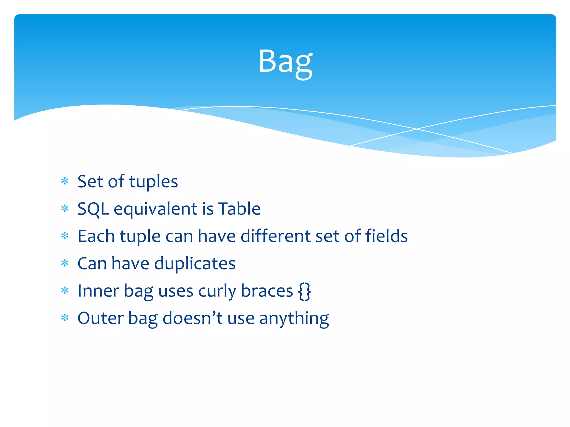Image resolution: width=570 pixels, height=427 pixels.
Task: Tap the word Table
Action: coord(239,208)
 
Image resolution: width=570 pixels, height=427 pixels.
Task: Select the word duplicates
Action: coord(195,264)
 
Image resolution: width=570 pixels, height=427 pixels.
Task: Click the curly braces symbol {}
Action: coord(304,291)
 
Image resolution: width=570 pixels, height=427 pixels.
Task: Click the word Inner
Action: coord(98,291)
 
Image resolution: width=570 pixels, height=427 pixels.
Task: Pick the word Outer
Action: coord(100,318)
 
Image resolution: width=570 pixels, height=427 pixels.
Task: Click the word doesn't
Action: coord(192,318)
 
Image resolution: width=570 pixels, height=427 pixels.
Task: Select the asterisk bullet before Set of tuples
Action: coord(65,181)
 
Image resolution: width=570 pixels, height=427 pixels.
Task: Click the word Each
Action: coord(96,236)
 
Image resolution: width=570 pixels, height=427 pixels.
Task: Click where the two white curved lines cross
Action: coord(417,129)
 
